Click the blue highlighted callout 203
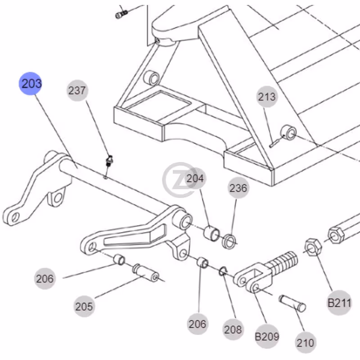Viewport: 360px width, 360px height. [x=30, y=83]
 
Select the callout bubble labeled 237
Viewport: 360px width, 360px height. [x=77, y=90]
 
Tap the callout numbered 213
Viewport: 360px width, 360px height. [x=267, y=97]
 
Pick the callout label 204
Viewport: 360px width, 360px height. [x=195, y=178]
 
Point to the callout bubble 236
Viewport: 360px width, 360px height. [x=238, y=188]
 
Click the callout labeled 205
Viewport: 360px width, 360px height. [x=84, y=306]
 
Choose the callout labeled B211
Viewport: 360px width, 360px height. [x=339, y=303]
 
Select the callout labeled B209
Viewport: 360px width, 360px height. [x=267, y=337]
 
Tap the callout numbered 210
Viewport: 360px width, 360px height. [x=306, y=343]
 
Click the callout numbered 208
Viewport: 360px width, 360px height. [x=233, y=329]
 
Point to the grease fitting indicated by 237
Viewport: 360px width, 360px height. [x=109, y=161]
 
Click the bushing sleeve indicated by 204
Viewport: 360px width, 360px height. [x=211, y=234]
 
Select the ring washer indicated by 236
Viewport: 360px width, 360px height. [x=229, y=241]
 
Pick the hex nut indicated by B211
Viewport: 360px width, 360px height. [x=313, y=247]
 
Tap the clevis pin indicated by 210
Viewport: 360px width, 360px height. [x=292, y=303]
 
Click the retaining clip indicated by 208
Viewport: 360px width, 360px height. [x=223, y=271]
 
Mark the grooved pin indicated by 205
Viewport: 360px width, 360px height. [x=145, y=273]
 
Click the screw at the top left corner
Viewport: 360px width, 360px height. [x=121, y=14]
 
